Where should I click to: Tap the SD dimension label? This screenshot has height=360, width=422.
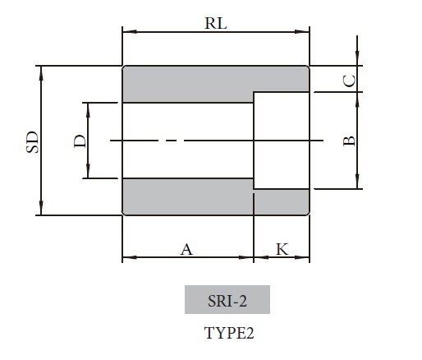click(31, 141)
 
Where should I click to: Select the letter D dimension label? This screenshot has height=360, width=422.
click(80, 141)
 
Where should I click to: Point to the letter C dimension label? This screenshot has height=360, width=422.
click(349, 80)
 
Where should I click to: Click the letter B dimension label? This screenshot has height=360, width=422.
click(349, 141)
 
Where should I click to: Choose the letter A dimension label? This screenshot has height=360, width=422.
click(186, 249)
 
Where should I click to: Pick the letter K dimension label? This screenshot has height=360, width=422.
click(282, 249)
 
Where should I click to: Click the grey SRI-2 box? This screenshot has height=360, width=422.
click(227, 300)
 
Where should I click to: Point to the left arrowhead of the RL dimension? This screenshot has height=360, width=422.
click(126, 33)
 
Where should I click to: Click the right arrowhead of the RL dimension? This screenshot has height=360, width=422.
click(305, 33)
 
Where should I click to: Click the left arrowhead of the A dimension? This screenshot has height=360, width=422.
click(126, 259)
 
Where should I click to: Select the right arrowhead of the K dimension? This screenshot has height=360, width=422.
click(305, 259)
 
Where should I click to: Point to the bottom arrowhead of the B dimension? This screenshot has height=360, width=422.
click(357, 186)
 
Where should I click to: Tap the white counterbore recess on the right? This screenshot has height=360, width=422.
click(281, 141)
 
